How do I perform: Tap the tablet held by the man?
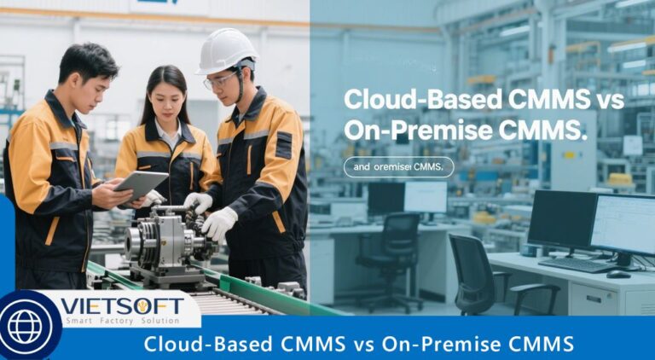[x=140, y=184]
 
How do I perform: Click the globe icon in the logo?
[x=25, y=327]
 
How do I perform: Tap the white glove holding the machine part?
[x=220, y=224]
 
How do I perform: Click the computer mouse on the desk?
[x=618, y=274]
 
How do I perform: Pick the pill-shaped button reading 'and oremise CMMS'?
[x=398, y=167]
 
